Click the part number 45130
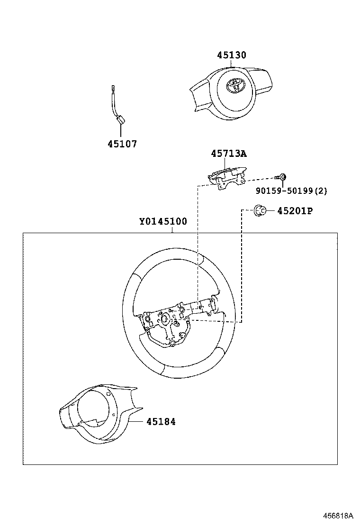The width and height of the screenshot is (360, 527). click(232, 55)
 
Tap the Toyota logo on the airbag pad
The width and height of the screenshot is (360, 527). click(234, 85)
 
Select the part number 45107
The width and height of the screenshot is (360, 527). click(122, 144)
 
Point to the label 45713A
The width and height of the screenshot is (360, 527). click(229, 154)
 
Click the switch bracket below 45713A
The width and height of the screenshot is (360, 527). click(226, 178)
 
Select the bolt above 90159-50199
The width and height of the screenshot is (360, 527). click(281, 177)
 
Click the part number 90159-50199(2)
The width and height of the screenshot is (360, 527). click(291, 191)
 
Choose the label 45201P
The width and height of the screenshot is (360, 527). click(295, 211)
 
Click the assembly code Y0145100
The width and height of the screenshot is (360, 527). click(162, 221)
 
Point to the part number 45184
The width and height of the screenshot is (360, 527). click(161, 421)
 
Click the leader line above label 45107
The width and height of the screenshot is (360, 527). click(121, 132)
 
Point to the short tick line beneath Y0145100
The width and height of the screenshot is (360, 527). click(172, 230)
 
